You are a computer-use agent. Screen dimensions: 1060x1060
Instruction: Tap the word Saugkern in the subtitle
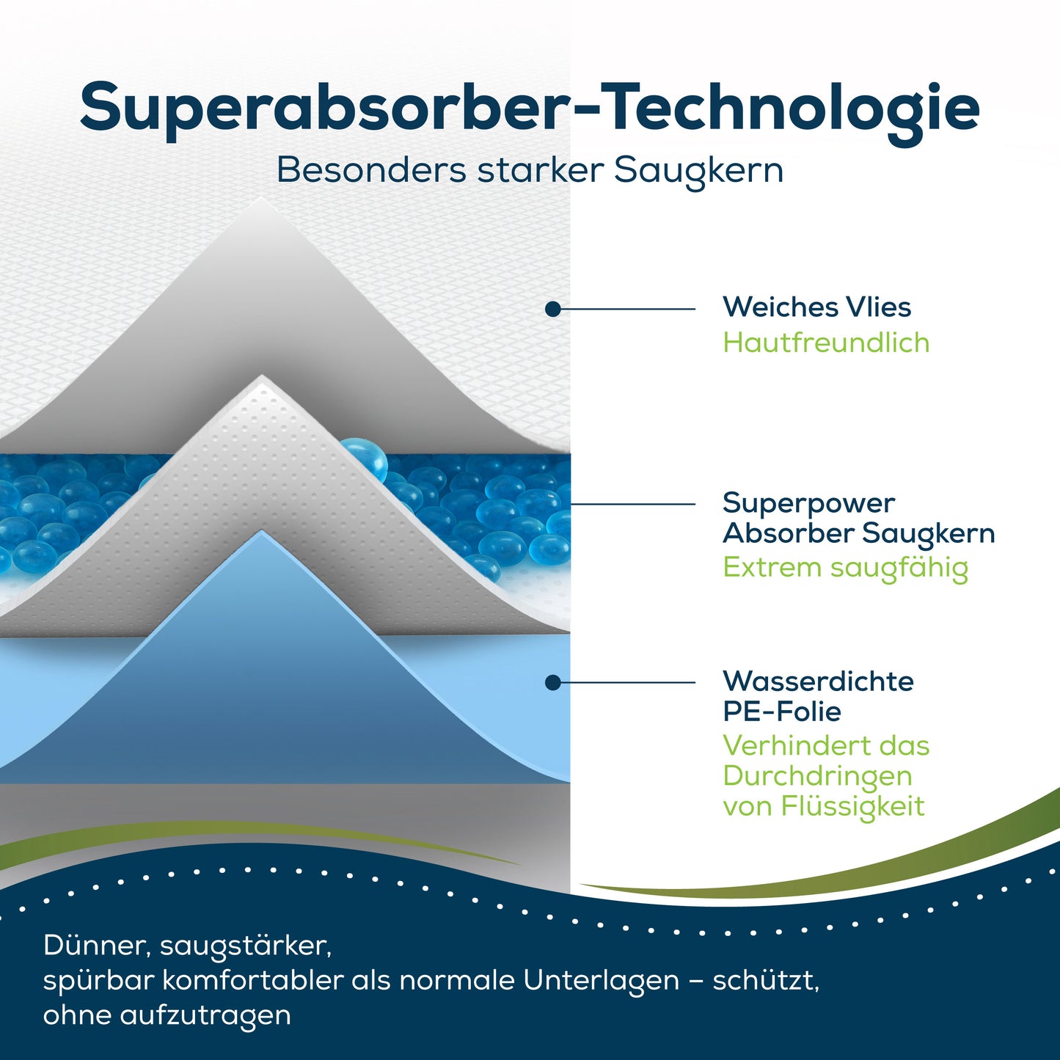pos(698,171)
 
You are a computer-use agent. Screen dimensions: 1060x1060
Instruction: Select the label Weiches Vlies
pos(817,307)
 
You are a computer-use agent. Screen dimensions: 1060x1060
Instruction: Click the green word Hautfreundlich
pos(826,342)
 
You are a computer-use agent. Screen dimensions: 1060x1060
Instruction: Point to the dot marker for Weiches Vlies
pos(553,309)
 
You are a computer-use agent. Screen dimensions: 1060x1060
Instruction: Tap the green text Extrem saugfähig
pos(846,568)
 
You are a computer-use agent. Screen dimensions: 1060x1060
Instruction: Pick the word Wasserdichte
pos(819,681)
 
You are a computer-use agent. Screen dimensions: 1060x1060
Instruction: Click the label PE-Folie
pos(782,712)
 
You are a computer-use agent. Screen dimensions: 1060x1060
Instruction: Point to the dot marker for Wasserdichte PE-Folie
pos(553,683)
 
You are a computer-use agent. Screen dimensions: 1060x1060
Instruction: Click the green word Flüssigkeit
pos(853,807)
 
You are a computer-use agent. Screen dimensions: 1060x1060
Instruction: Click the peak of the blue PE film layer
pos(263,531)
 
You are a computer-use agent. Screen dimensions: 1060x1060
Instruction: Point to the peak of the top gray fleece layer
pos(263,198)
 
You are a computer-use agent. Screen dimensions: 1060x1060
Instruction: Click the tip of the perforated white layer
pos(263,376)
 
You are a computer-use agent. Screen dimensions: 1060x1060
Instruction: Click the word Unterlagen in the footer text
pos(601,982)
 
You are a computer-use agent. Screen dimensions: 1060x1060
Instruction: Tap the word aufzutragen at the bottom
pos(205,1017)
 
